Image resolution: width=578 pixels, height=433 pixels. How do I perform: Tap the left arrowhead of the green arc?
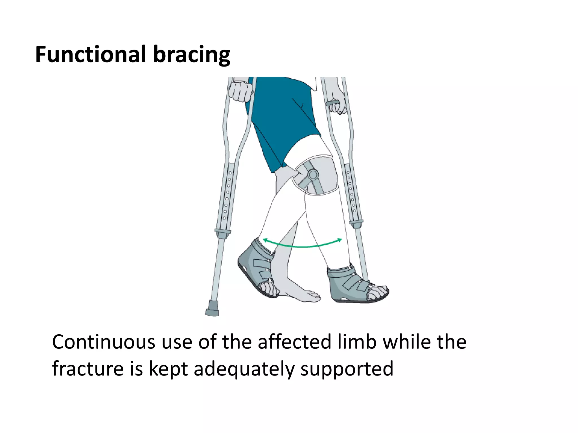tap(265, 240)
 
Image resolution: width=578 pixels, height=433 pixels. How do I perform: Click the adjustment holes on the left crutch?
tap(227, 195)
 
